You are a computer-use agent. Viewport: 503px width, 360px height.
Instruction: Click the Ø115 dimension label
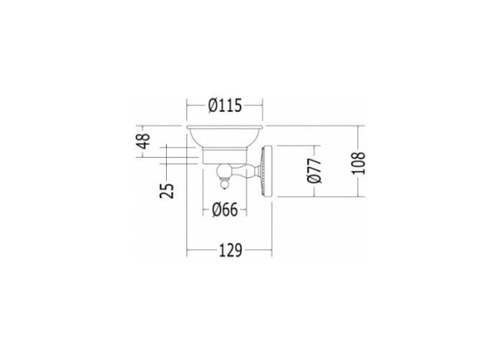(x=225, y=106)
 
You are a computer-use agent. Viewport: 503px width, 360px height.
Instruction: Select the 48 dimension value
(x=143, y=141)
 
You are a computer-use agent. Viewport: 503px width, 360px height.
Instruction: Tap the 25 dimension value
(x=167, y=190)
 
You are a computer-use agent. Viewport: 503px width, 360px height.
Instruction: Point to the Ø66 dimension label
(x=225, y=210)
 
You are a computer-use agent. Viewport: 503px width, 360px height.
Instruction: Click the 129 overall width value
(x=231, y=250)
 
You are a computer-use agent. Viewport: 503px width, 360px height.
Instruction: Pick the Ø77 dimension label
(x=314, y=170)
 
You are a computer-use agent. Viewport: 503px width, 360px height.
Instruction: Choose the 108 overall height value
(x=358, y=163)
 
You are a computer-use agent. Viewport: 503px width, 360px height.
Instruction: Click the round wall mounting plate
(x=267, y=170)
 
